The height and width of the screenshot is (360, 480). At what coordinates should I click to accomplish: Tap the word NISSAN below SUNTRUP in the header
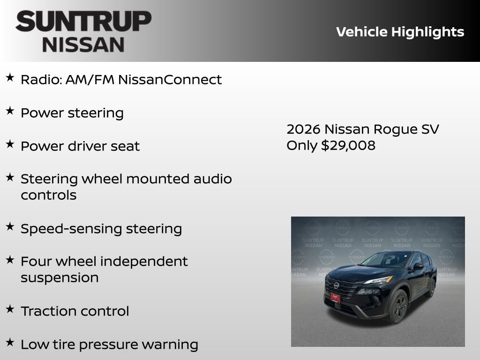pyautogui.click(x=83, y=45)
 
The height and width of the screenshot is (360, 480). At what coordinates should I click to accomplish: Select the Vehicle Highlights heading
pyautogui.click(x=400, y=32)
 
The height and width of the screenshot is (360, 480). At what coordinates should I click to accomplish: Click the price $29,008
pyautogui.click(x=348, y=145)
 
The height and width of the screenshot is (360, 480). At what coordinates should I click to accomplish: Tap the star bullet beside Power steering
pyautogui.click(x=10, y=111)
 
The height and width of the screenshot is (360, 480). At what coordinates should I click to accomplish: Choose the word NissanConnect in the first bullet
pyautogui.click(x=170, y=80)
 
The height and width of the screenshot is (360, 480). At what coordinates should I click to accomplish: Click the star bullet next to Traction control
pyautogui.click(x=10, y=309)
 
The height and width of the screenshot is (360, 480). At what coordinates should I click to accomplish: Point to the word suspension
pyautogui.click(x=60, y=277)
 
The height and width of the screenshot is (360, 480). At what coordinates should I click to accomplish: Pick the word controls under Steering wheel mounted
pyautogui.click(x=48, y=195)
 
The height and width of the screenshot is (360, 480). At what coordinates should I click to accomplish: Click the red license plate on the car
pyautogui.click(x=335, y=297)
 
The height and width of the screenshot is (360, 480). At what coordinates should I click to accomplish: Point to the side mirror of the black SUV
pyautogui.click(x=417, y=267)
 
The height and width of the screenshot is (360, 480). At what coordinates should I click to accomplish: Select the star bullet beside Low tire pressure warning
pyautogui.click(x=10, y=342)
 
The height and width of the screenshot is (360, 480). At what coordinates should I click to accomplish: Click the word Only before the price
pyautogui.click(x=302, y=145)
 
